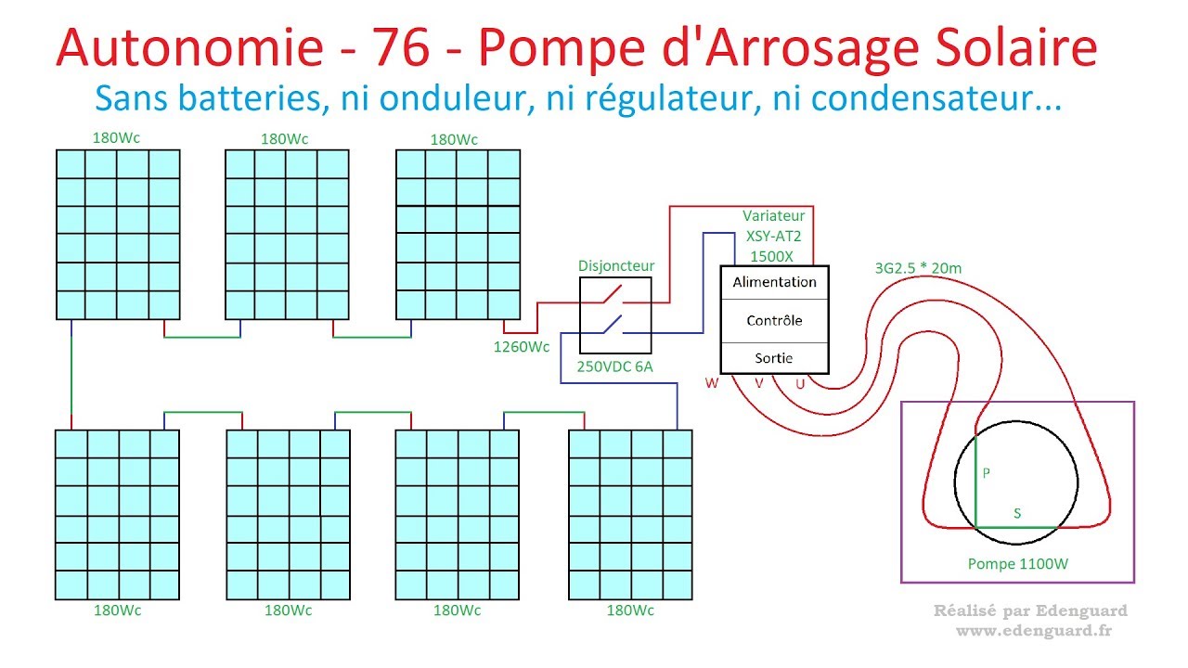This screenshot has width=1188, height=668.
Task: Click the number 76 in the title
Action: pos(403,47)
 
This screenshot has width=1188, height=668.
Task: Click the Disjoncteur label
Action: pos(616,266)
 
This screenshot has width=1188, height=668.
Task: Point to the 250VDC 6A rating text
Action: pos(615,366)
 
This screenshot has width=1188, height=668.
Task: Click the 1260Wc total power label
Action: pos(522,348)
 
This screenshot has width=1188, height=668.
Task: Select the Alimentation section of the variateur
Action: pos(774,282)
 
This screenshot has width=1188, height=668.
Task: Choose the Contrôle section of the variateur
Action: pos(774,321)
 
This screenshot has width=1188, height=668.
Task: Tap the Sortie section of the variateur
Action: pos(774,358)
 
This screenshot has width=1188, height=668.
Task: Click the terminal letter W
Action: pos(712,383)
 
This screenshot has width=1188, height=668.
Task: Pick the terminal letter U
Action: pos(800,383)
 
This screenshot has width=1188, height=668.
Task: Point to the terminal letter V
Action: pos(758,383)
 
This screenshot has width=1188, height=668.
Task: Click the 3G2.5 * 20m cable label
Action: pos(918,269)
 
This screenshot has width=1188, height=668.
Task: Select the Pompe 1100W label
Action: pos(1017,563)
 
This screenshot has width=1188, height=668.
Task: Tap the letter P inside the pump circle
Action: pos(987,473)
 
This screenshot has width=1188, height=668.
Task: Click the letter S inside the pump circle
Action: pos(1017,513)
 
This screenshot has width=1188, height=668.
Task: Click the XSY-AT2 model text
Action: pos(774,236)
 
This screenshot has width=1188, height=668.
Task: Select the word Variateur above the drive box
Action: pos(774,216)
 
